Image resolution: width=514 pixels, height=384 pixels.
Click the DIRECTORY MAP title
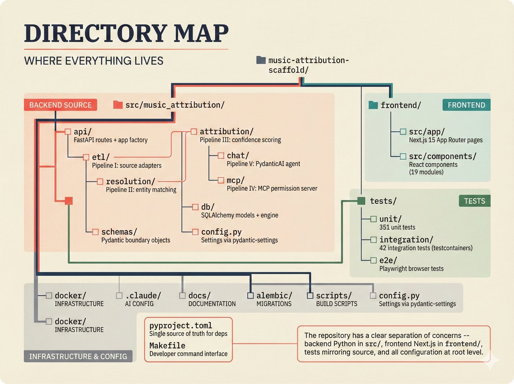pyautogui.click(x=126, y=33)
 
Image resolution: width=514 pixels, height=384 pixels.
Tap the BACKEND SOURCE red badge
pyautogui.click(x=60, y=105)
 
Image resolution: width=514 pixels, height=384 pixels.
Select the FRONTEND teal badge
pyautogui.click(x=466, y=105)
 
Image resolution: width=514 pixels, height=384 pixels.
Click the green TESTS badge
pyautogui.click(x=474, y=201)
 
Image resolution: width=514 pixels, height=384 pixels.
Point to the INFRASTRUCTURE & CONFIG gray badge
pyautogui.click(x=78, y=356)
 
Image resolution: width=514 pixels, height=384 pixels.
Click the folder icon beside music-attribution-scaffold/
pyautogui.click(x=261, y=60)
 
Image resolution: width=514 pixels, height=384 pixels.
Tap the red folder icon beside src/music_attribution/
pyautogui.click(x=118, y=105)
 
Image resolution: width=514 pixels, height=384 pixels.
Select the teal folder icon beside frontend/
pyautogui.click(x=373, y=105)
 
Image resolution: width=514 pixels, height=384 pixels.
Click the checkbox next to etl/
pyautogui.click(x=86, y=157)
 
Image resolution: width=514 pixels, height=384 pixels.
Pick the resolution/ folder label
pyautogui.click(x=130, y=181)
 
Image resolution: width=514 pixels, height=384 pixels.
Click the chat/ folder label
pyautogui.click(x=238, y=156)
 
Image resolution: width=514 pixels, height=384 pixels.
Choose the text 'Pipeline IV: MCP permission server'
pyautogui.click(x=272, y=188)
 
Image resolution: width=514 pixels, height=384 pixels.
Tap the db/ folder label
pyautogui.click(x=208, y=207)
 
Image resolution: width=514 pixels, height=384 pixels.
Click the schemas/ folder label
pyautogui.click(x=119, y=232)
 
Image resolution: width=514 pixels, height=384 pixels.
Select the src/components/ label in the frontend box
pyautogui.click(x=442, y=156)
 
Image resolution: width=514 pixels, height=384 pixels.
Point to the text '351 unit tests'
pyautogui.click(x=397, y=227)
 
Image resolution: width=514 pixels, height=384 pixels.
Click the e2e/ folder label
pyautogui.click(x=388, y=260)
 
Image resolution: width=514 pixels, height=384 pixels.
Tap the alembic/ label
pyautogui.click(x=274, y=296)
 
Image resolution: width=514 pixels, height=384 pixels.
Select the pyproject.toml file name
pyautogui.click(x=181, y=325)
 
